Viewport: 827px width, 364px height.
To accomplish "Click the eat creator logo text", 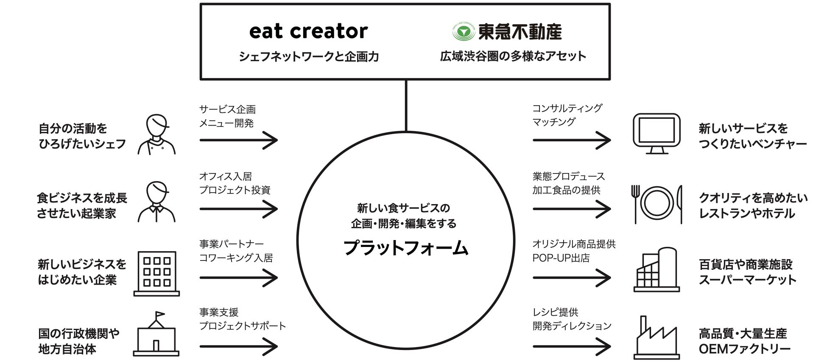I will pyautogui.click(x=308, y=31).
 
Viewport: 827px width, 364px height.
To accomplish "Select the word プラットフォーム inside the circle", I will pyautogui.click(x=405, y=248).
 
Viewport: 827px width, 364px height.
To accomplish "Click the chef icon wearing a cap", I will pyautogui.click(x=156, y=134).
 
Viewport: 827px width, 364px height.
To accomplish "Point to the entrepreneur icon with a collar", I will pyautogui.click(x=156, y=202).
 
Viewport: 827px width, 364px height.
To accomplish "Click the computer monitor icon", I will pyautogui.click(x=656, y=133).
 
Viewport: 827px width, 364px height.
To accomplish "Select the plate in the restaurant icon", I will pyautogui.click(x=657, y=203).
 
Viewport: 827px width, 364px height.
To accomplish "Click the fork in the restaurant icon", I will pyautogui.click(x=635, y=204).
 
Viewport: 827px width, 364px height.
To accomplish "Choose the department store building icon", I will pyautogui.click(x=657, y=270).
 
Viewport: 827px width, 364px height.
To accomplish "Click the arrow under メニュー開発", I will pyautogui.click(x=238, y=140).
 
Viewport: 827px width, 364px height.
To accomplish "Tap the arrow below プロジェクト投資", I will pyautogui.click(x=238, y=209).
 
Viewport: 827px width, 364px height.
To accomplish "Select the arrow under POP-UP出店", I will pyautogui.click(x=572, y=278).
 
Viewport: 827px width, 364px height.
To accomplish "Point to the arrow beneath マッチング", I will pyautogui.click(x=572, y=140).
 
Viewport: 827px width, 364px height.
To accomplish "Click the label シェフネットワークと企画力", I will pyautogui.click(x=309, y=56).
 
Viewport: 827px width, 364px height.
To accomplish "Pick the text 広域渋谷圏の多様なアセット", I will pyautogui.click(x=513, y=56).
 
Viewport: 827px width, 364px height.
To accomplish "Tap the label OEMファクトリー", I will pyautogui.click(x=744, y=349).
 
